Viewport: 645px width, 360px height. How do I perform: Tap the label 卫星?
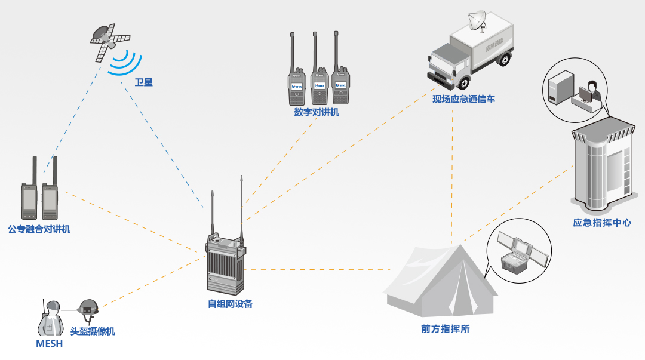point(143,82)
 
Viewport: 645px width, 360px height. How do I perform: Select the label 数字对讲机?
point(317,112)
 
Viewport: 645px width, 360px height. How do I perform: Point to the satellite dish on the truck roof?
point(478,20)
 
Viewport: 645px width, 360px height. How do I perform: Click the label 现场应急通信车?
point(464,99)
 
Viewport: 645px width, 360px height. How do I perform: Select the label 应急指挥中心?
point(601,223)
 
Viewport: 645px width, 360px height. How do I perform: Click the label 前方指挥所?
point(445,329)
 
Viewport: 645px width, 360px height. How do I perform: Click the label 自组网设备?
point(231,304)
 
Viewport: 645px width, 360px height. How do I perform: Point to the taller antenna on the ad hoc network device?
point(241,203)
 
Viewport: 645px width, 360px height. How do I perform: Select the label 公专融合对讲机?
point(39,229)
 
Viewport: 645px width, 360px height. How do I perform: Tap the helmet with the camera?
point(88,307)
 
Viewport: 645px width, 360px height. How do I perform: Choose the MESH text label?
point(49,344)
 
